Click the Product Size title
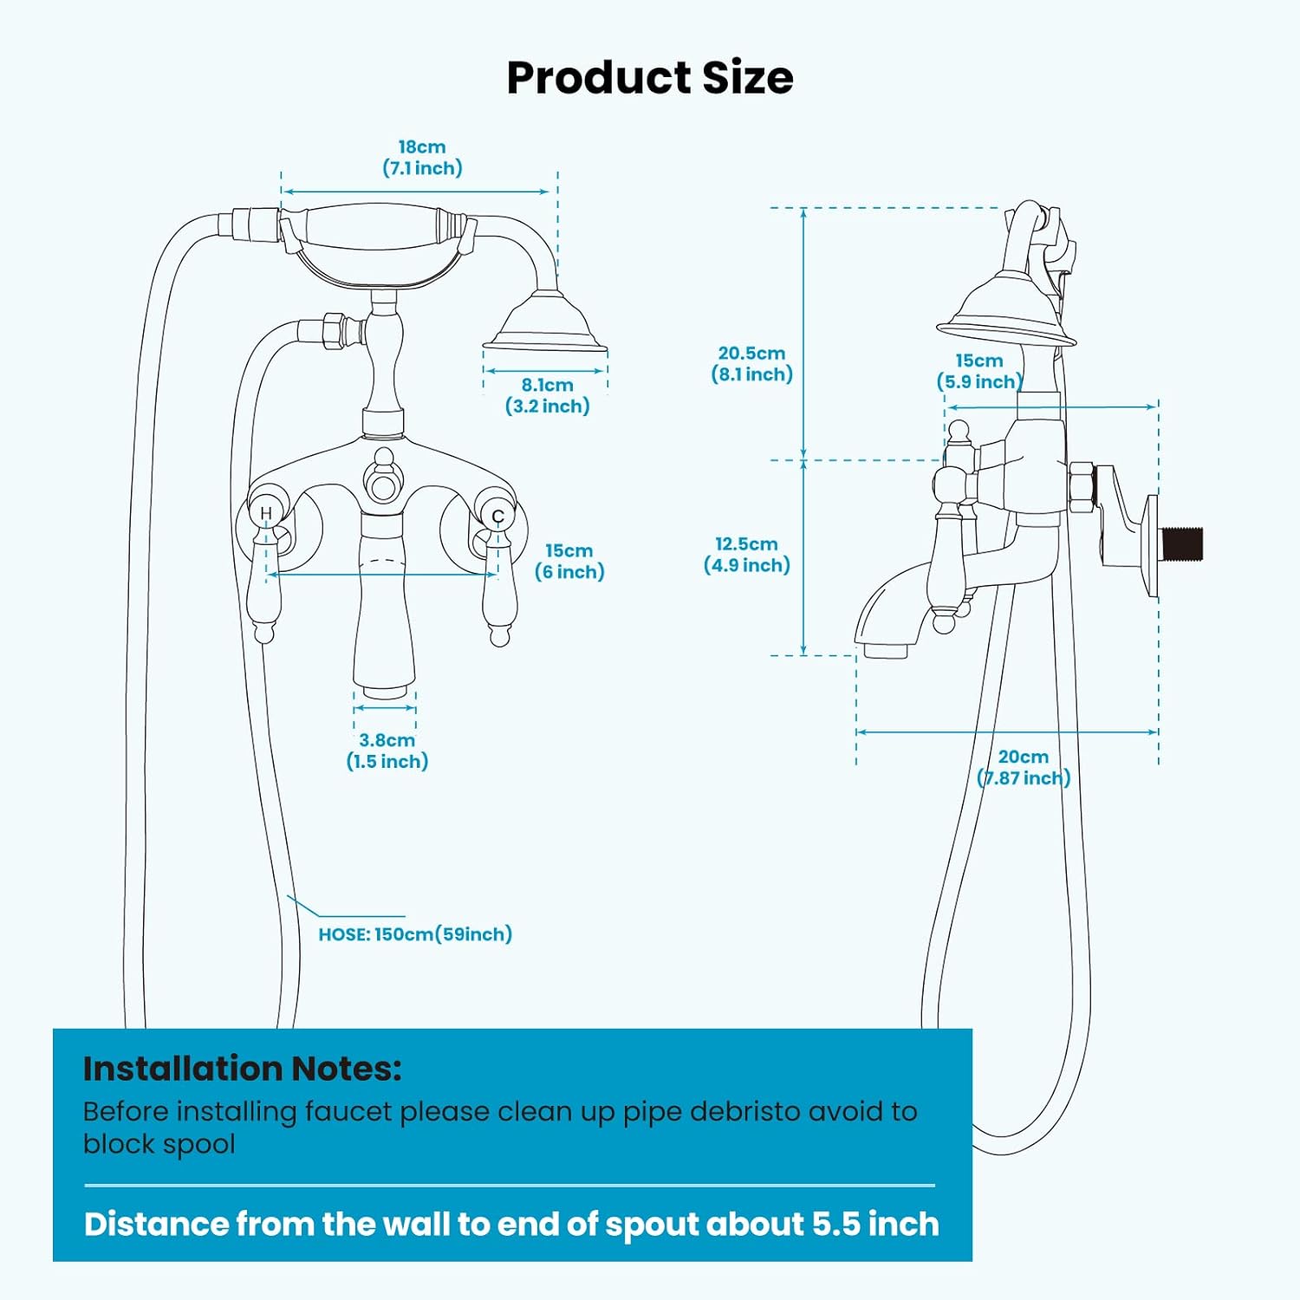coord(650,78)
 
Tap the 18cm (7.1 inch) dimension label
coord(422,158)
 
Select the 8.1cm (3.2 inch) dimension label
coord(548,396)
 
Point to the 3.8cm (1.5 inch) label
coord(387,751)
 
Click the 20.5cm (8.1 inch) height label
coord(752,364)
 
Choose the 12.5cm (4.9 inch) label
coord(747,555)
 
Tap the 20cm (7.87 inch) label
coord(1024,768)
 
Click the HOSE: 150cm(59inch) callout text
coord(415,934)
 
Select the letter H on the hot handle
coord(266,513)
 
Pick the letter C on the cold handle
coord(497,517)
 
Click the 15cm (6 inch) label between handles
coord(569,562)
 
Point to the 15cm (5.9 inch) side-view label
coord(979,371)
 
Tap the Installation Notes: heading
coord(243,1069)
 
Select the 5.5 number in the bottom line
coord(836,1224)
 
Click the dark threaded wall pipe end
coord(1181,543)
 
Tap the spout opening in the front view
coord(385,692)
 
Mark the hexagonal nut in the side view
coord(1081,489)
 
